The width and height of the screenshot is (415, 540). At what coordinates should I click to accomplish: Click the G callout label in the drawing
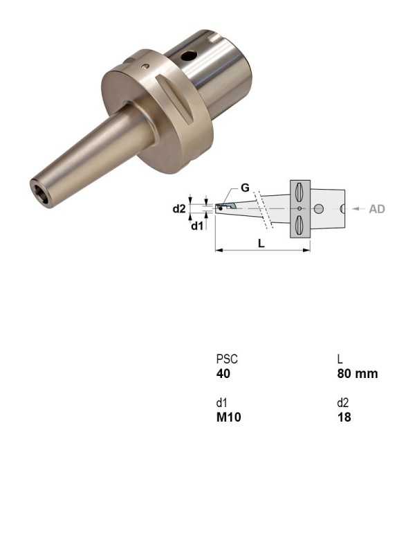245,188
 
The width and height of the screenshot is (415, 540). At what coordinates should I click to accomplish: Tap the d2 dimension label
179,208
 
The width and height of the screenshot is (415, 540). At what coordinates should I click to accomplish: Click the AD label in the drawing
376,208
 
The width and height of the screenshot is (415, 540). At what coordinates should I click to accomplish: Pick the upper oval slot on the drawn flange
299,191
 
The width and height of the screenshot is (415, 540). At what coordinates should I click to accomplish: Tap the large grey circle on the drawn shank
319,208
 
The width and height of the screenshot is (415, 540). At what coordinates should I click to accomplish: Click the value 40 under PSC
223,374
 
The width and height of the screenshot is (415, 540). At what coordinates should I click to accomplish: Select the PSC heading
227,360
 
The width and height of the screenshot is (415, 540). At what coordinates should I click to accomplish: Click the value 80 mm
357,374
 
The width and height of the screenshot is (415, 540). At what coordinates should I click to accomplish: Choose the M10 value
229,417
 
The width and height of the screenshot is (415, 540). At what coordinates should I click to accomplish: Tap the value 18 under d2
344,417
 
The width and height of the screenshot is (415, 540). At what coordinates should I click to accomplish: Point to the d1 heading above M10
221,404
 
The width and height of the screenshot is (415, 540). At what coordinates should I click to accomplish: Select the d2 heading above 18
343,404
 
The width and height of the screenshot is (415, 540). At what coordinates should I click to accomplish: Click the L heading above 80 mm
340,360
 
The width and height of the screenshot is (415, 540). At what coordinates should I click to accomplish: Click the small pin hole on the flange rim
145,67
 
